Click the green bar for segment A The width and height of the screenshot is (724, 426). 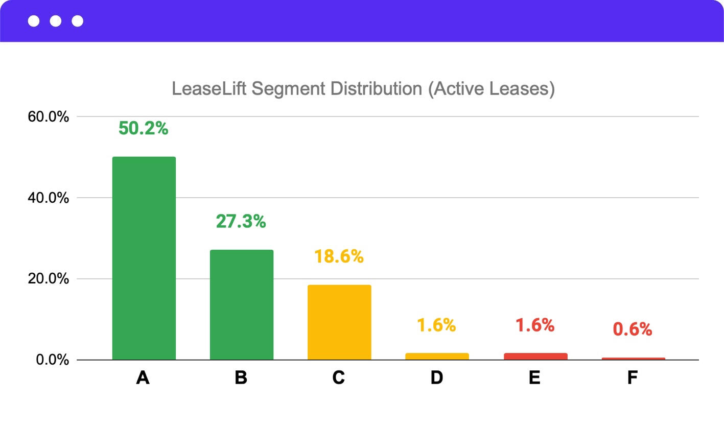(144, 258)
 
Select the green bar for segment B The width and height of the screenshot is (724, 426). (242, 304)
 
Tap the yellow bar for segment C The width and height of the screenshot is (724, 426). (339, 322)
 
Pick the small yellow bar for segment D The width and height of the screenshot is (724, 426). (437, 356)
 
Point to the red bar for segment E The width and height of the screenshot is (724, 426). (535, 356)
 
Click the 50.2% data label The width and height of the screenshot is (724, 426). (143, 128)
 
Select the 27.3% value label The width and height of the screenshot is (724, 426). (241, 221)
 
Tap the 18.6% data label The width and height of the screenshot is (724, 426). (339, 256)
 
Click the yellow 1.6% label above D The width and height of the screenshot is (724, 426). (436, 325)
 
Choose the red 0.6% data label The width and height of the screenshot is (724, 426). (632, 329)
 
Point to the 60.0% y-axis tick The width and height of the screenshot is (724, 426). (48, 117)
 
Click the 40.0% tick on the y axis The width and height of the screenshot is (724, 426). (48, 198)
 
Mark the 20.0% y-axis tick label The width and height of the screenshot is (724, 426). (48, 279)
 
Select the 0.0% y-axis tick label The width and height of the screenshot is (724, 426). (52, 360)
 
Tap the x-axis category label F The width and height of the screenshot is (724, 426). (633, 377)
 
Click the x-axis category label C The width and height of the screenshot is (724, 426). (339, 377)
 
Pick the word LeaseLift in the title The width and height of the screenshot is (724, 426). (209, 88)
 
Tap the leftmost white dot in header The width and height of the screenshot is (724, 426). (34, 21)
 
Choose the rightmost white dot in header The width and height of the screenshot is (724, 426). (78, 21)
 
